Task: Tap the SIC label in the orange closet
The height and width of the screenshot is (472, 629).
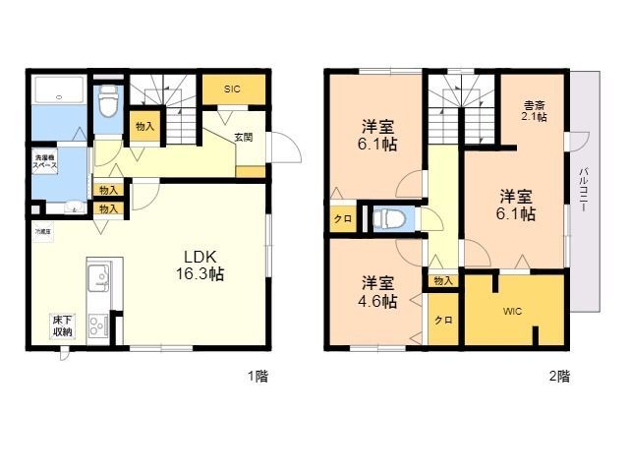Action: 231,89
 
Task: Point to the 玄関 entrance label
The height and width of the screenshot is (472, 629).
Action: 243,138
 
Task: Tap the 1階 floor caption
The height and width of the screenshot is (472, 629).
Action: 257,376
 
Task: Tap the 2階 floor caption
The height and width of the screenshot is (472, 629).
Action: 558,376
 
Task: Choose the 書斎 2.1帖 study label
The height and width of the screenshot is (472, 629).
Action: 535,111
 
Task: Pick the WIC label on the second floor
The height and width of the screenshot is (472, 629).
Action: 512,312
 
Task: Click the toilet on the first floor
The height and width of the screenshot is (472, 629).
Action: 109,99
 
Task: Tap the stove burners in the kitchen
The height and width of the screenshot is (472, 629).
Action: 99,324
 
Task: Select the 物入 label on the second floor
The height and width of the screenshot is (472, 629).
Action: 443,281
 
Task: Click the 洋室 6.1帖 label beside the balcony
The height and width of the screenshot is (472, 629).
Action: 516,203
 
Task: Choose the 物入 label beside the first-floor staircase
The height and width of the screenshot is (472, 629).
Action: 144,127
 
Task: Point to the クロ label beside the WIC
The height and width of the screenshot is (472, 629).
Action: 443,321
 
